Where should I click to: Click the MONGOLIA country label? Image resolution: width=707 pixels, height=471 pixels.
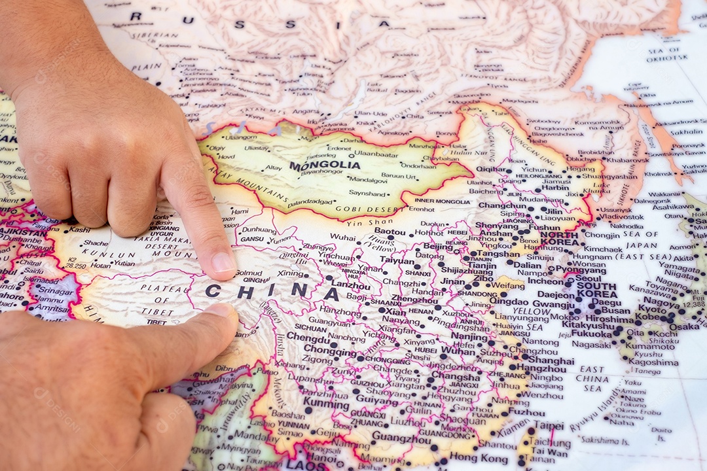pyautogui.click(x=325, y=166)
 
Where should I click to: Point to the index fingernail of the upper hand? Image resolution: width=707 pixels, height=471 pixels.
pyautogui.click(x=223, y=264)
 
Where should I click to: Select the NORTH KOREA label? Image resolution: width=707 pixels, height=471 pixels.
pyautogui.click(x=559, y=239)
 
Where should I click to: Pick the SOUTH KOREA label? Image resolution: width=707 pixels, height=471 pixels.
pyautogui.click(x=596, y=290)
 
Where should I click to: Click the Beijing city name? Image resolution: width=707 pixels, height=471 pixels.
pyautogui.click(x=438, y=247)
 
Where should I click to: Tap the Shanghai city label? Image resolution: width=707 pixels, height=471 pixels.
pyautogui.click(x=551, y=360)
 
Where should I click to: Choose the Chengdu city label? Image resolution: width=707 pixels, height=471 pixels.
pyautogui.click(x=308, y=339)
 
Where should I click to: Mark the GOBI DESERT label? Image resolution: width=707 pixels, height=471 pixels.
pyautogui.click(x=361, y=209)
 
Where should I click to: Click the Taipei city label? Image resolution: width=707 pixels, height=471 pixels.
pyautogui.click(x=548, y=425)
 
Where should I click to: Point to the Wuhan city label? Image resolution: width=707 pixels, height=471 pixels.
pyautogui.click(x=458, y=351)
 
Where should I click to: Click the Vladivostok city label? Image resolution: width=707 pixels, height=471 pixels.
pyautogui.click(x=621, y=216)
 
